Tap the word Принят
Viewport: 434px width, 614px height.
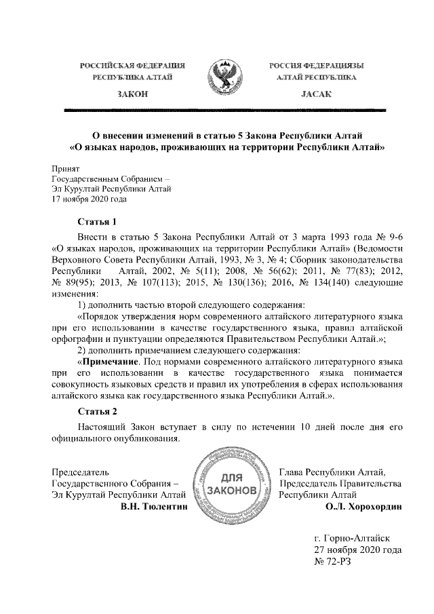(x=66, y=168)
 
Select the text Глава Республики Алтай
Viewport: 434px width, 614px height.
(x=332, y=470)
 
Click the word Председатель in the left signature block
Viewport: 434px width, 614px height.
(x=81, y=470)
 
